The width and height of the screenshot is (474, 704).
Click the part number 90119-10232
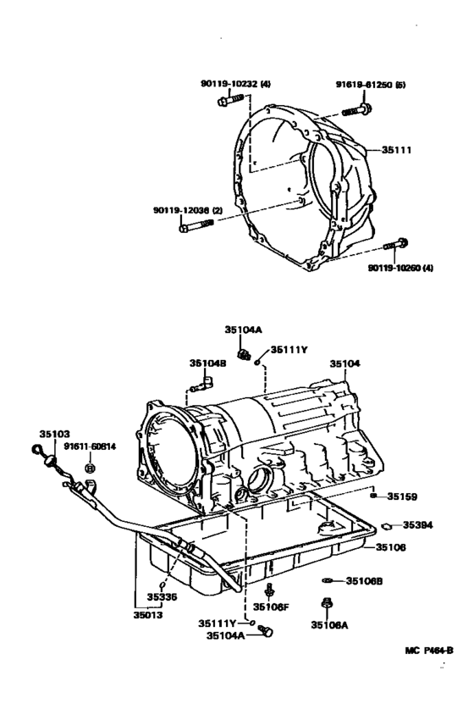(x=214, y=84)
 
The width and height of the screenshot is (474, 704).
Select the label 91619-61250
(x=365, y=85)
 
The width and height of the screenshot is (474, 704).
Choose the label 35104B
(x=207, y=363)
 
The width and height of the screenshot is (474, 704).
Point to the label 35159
(x=403, y=496)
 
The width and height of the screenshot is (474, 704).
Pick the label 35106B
(x=365, y=581)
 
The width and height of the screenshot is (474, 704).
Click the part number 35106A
(x=327, y=624)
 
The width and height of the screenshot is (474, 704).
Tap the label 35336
(x=162, y=596)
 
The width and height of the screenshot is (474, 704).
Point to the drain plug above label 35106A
(x=327, y=604)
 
